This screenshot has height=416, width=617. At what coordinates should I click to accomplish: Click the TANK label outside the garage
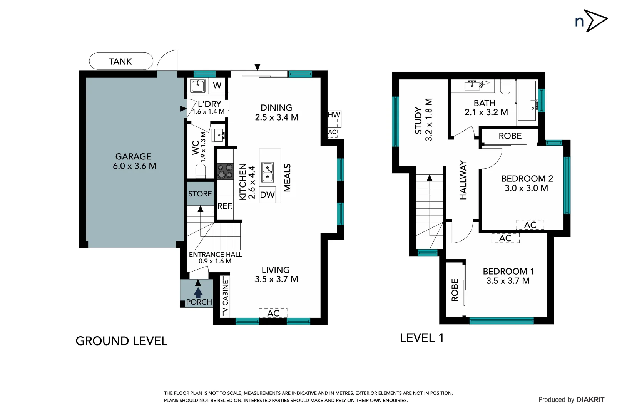(x=120, y=62)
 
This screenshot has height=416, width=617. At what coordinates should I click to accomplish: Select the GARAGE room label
(x=134, y=157)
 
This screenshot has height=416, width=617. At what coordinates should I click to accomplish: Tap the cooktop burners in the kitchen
(x=225, y=171)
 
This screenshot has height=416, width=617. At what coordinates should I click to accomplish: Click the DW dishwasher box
(x=267, y=195)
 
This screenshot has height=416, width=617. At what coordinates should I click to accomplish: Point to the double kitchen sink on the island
(x=268, y=172)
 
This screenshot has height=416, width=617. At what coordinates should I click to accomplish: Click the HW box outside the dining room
(x=334, y=115)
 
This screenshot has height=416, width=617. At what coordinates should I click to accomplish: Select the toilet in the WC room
(x=201, y=170)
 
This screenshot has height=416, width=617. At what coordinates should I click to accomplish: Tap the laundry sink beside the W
(x=198, y=86)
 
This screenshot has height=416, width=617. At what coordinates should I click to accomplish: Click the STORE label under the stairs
(x=200, y=194)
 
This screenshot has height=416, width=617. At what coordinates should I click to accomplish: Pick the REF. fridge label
(x=225, y=206)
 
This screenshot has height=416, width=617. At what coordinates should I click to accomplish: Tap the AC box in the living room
(x=273, y=313)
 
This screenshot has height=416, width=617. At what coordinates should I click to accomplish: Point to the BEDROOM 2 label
(x=527, y=179)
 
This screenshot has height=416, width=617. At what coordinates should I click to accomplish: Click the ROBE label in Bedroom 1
(x=455, y=290)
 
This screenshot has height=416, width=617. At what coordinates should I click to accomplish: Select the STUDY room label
(x=418, y=121)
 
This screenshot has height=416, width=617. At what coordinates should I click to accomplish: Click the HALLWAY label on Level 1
(x=463, y=180)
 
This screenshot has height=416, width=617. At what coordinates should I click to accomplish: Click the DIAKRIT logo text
(x=590, y=399)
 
